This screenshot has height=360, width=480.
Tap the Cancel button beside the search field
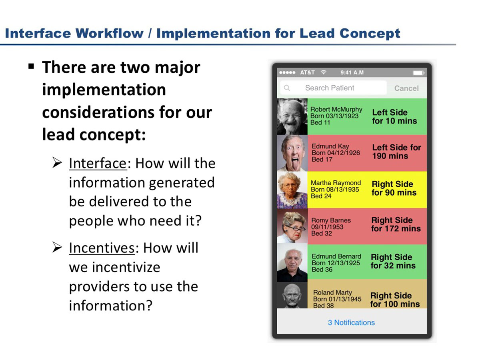406,88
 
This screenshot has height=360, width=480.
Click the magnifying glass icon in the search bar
287,88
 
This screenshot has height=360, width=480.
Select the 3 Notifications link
351,322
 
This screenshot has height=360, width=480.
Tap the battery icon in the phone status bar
418,73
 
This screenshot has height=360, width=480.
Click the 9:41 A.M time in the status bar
352,72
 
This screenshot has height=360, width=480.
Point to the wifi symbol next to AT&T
324,72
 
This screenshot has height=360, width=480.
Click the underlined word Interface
98,163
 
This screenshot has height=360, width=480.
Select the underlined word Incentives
102,248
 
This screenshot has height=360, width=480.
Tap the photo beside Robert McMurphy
292,116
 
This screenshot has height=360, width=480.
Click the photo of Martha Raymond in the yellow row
292,190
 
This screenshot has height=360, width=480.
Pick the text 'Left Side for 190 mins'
396,152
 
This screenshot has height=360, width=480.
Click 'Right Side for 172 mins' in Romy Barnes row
396,224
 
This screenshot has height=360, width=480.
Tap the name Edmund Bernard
336,256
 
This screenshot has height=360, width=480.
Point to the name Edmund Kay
330,146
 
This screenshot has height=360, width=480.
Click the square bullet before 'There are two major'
31,66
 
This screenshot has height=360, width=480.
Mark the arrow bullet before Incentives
57,247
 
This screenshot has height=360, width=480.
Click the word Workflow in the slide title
110,34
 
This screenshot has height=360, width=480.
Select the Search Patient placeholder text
330,88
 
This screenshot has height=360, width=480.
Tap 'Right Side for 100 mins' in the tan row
395,300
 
